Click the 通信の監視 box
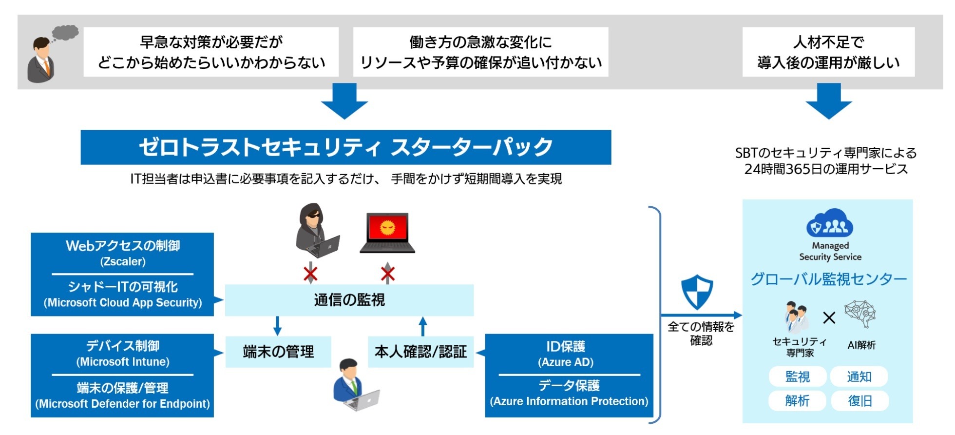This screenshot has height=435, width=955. click(349, 300)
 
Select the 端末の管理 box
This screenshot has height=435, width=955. click(278, 352)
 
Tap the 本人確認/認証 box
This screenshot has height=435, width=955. click(420, 352)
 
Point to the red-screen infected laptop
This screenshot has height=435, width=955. click(387, 233)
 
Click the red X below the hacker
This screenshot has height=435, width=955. click(310, 274)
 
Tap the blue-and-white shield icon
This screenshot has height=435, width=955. click(697, 291)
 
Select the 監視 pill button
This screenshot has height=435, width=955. click(798, 377)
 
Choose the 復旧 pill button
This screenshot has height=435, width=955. click(859, 401)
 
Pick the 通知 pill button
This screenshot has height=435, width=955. click(859, 377)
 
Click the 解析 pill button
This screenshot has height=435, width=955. click(798, 401)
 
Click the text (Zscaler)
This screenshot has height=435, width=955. click(123, 262)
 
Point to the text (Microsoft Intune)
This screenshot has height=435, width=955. click(123, 362)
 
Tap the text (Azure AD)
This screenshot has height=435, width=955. click(566, 362)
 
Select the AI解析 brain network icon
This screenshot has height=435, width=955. click(860, 314)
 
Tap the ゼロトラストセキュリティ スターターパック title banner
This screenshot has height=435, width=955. click(345, 147)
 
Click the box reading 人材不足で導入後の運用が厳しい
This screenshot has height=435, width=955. click(828, 52)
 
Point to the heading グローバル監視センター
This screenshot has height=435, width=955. click(828, 279)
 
